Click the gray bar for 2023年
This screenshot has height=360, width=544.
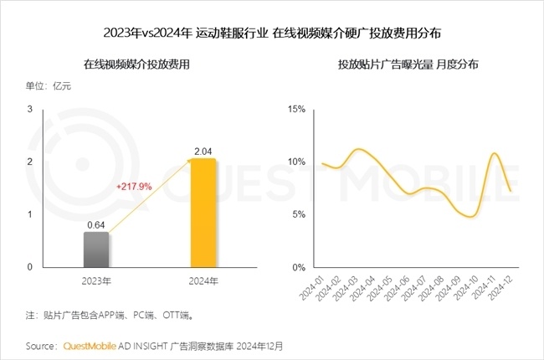tap(95, 249)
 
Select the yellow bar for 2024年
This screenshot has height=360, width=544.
tap(202, 213)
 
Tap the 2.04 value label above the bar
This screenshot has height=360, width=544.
tap(202, 151)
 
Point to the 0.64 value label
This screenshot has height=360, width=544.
tap(95, 224)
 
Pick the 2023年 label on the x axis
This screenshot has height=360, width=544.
tap(95, 281)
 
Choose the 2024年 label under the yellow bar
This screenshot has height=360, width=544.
tap(202, 281)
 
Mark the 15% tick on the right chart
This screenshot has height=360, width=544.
tap(295, 109)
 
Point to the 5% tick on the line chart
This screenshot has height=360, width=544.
tap(298, 214)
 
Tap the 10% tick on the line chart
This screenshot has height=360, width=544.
tap(295, 162)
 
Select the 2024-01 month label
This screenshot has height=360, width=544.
tap(311, 290)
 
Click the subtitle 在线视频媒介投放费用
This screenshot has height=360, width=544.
tap(133, 64)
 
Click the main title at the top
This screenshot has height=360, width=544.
tap(271, 33)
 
